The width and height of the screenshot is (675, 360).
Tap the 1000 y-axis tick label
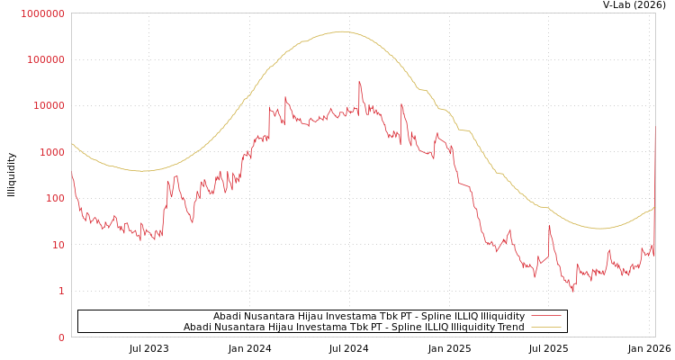50,152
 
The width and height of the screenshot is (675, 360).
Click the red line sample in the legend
545,316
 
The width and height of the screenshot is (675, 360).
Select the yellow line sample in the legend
545,327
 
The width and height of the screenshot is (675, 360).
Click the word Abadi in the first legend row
228,316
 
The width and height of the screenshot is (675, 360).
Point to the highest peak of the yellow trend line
342,31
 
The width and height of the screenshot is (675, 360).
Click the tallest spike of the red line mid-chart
359,83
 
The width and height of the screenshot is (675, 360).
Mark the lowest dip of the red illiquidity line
573,291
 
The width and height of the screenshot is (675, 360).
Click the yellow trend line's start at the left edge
72,143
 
